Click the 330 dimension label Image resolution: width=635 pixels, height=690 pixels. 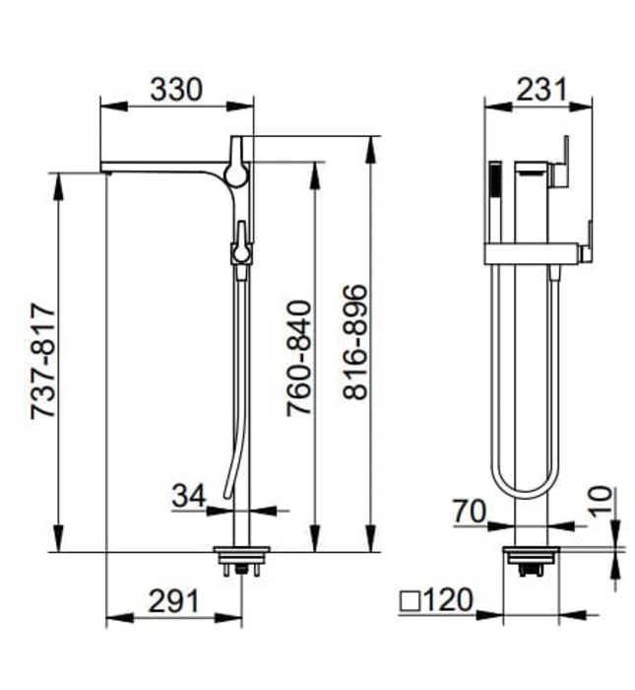tap(176, 89)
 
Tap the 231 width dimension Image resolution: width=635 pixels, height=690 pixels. tap(540, 89)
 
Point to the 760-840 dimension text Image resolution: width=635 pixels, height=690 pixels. tap(298, 357)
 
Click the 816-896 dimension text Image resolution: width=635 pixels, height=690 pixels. tap(355, 341)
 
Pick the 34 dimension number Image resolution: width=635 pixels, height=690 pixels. tap(188, 496)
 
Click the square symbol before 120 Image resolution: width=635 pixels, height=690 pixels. tap(412, 600)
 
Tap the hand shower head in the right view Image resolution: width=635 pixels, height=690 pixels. tap(495, 182)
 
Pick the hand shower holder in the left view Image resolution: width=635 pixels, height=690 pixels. tap(240, 246)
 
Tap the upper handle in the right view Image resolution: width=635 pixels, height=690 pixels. tap(564, 163)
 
